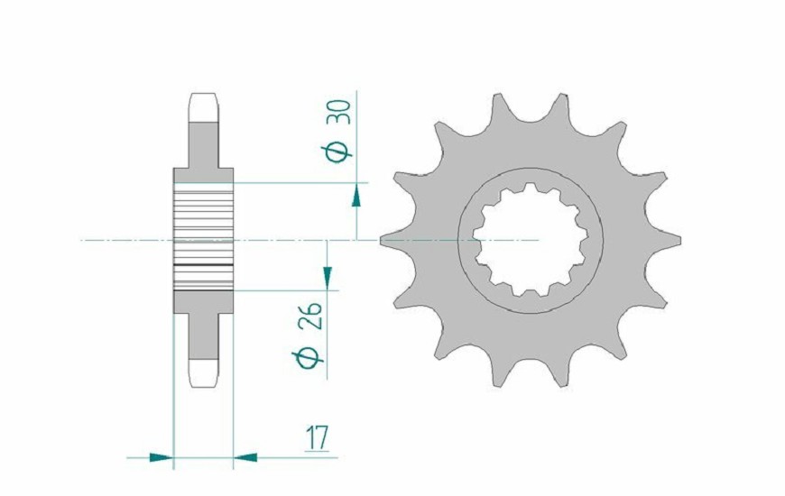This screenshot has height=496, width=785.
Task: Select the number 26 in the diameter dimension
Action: point(312,317)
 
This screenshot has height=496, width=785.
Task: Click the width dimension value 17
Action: point(315,439)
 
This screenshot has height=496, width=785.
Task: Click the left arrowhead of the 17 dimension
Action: point(160,457)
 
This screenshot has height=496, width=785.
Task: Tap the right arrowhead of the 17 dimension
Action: point(245,457)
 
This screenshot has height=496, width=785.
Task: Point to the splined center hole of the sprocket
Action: point(531,241)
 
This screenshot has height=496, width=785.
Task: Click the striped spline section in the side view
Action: point(203,240)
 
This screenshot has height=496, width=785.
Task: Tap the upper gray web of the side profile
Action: point(203,149)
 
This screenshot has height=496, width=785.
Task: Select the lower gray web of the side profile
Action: point(203,329)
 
